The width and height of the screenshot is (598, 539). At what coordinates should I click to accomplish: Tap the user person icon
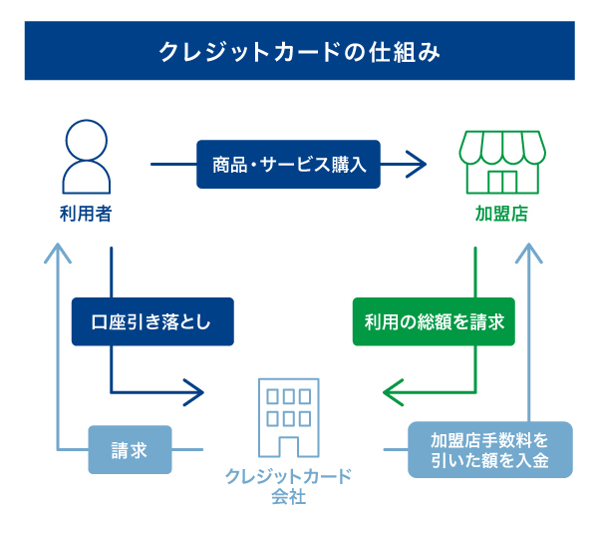[x=85, y=158]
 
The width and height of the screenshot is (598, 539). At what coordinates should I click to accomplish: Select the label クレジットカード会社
[x=288, y=485]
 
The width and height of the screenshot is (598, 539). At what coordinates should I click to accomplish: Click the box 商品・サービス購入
[x=288, y=164]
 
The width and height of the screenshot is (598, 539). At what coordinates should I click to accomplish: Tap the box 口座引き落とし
[x=151, y=321]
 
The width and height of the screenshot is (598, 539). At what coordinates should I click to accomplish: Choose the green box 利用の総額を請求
[x=434, y=321]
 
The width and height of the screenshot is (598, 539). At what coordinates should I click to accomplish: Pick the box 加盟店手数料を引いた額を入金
[x=489, y=450]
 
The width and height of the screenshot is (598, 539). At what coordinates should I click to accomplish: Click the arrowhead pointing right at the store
[x=415, y=164]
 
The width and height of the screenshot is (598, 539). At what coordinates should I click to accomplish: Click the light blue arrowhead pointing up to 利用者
[x=58, y=249]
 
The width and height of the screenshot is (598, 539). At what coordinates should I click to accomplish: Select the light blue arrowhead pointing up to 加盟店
[x=528, y=250]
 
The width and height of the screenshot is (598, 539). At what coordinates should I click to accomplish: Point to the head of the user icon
[x=85, y=141]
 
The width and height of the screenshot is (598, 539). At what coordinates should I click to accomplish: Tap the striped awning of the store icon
[x=501, y=147]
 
